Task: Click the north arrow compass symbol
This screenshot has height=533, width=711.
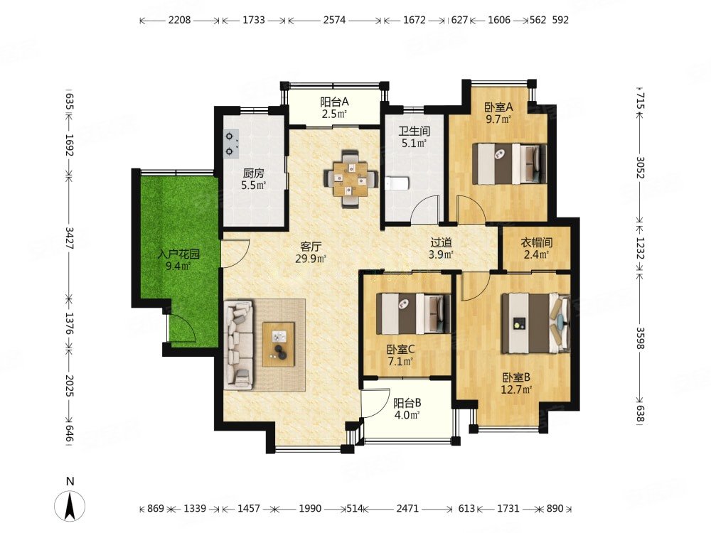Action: tap(70, 504)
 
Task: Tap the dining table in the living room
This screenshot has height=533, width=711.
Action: tap(351, 180)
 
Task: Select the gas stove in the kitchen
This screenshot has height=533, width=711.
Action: tap(232, 144)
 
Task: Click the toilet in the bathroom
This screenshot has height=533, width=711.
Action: tap(397, 183)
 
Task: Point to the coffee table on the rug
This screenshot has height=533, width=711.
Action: tap(279, 344)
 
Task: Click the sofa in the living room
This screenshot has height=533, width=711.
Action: tap(238, 345)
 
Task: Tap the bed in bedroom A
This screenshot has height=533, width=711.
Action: tap(509, 163)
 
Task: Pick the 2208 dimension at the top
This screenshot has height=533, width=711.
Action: tap(180, 20)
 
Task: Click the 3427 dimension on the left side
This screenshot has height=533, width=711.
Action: tap(70, 237)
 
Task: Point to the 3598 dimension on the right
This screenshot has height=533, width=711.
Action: tap(640, 338)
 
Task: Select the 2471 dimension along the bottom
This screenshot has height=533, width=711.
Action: tap(407, 509)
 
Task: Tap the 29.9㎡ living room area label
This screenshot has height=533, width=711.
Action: tap(311, 259)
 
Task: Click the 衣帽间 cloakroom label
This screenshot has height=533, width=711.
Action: tap(536, 242)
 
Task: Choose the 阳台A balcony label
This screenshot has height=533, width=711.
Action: tap(334, 102)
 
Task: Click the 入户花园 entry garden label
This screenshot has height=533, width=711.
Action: tap(178, 254)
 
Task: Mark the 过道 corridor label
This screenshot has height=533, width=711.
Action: tap(442, 243)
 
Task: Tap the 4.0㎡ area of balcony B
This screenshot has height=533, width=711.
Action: tap(407, 414)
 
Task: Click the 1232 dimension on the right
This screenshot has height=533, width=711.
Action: tap(640, 248)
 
